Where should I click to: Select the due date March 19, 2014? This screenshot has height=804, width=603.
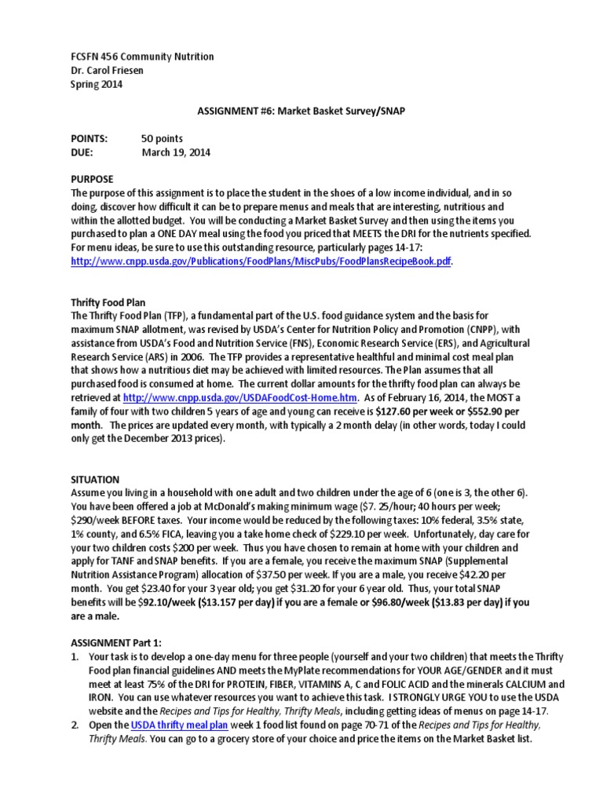(x=176, y=152)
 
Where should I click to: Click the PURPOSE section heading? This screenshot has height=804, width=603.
(x=92, y=179)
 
